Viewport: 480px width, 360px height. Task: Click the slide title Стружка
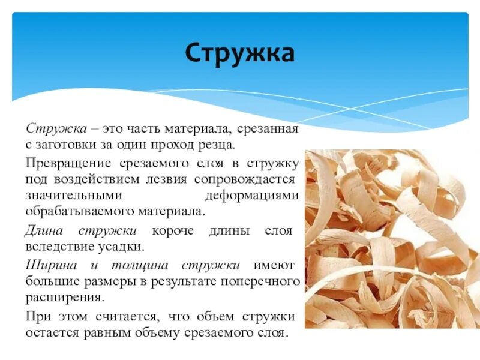[239, 53]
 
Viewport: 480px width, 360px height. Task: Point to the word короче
[174, 230]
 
